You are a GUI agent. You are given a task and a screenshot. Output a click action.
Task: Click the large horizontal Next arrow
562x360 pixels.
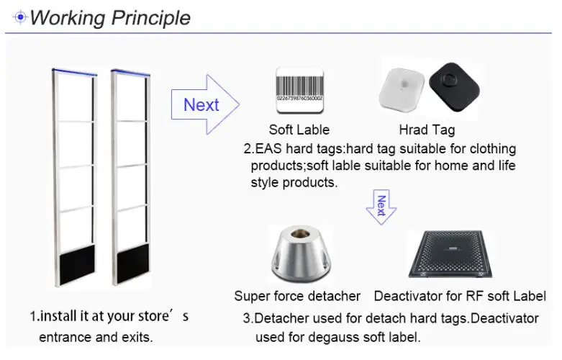click(x=205, y=104)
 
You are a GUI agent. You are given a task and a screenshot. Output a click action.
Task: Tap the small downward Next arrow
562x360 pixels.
click(x=381, y=207)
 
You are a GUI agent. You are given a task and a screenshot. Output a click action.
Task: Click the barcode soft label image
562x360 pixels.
click(x=299, y=90)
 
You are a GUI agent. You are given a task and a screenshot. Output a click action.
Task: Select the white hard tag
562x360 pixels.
click(x=402, y=89)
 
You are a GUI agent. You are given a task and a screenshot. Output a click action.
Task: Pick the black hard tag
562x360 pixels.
click(x=454, y=87)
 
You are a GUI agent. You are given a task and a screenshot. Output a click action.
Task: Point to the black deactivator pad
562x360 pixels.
click(x=450, y=254)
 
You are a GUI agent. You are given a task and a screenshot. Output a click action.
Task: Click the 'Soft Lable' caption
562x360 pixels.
click(x=299, y=130)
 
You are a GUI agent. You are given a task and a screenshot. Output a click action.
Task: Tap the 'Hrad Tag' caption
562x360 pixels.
click(x=427, y=130)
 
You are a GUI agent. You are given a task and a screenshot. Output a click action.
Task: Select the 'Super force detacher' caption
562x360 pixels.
click(x=297, y=296)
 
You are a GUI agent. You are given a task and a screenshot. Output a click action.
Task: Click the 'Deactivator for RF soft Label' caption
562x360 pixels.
click(x=460, y=296)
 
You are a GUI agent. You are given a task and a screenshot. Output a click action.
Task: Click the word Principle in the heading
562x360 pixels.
click(x=150, y=18)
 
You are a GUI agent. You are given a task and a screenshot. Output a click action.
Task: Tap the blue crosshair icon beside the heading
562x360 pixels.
click(x=20, y=17)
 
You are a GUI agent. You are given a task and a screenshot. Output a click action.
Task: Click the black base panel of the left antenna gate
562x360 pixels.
click(x=78, y=264)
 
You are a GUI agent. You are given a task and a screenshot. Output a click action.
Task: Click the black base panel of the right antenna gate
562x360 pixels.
click(x=133, y=263)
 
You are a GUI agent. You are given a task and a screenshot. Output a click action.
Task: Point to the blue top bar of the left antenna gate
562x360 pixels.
click(x=75, y=73)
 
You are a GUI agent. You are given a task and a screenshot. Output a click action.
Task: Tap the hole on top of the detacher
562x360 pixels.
click(x=300, y=234)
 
